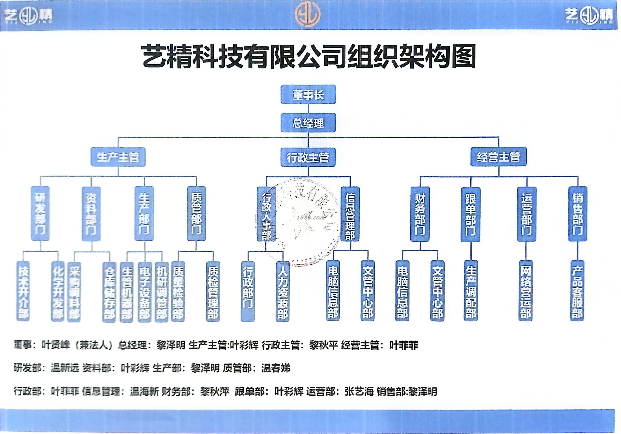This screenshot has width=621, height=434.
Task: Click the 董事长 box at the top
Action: tap(308, 95)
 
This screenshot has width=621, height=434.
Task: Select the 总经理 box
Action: tap(308, 123)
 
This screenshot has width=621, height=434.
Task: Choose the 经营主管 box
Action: tap(498, 157)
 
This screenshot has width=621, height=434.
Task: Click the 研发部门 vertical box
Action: tap(40, 214)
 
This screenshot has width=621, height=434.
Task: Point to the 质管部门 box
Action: tap(196, 214)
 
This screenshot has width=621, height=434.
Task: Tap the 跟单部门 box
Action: tap(471, 214)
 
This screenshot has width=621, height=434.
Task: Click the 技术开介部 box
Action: tap(23, 292)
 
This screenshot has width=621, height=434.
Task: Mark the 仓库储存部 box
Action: tap(109, 292)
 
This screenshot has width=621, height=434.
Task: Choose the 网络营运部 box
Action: tap(526, 291)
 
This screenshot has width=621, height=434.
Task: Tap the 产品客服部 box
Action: tap(577, 291)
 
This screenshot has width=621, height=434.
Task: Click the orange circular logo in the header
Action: tap(308, 14)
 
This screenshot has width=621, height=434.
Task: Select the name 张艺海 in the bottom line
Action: tap(359, 391)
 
